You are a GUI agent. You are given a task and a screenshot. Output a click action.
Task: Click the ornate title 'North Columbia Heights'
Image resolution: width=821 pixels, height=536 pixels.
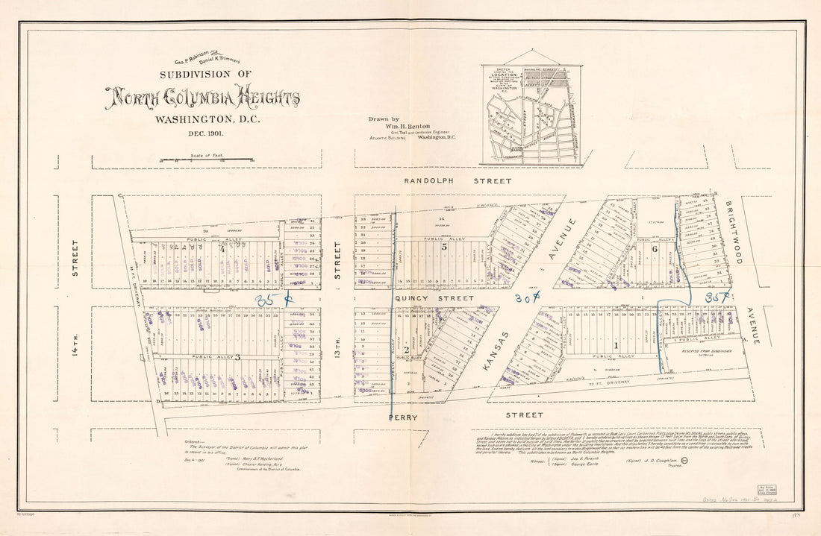coord(202,98)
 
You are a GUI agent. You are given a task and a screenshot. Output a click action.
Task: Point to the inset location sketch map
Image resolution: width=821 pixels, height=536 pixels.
coord(532,109)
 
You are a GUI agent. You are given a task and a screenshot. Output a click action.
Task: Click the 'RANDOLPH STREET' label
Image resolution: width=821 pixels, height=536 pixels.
coord(458,181)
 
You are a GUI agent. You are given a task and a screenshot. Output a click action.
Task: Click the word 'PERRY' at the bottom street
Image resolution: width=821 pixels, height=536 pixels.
coord(403,417)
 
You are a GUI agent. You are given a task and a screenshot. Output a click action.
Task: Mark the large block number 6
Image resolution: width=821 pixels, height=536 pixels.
coord(654,249)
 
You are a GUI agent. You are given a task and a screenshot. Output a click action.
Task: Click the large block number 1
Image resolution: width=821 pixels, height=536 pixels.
coord(616,345)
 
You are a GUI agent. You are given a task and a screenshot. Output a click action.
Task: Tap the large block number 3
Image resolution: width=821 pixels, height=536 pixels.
coord(237,358)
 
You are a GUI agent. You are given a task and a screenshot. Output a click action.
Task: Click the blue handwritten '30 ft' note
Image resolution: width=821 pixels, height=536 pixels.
coord(527,298)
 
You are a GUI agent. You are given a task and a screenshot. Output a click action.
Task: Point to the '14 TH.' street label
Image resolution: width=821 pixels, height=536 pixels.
coord(75,350)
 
